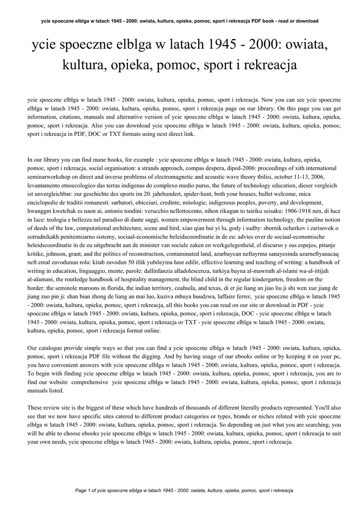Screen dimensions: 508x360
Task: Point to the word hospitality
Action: [125, 279]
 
